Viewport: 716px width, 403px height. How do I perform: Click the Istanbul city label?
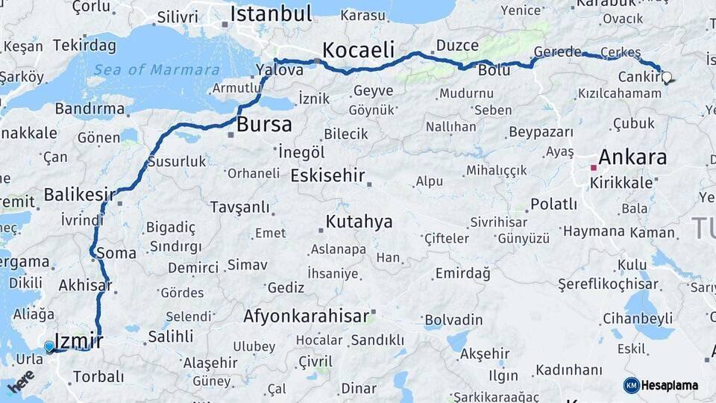click(x=271, y=13)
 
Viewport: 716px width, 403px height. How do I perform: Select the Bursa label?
click(x=264, y=124)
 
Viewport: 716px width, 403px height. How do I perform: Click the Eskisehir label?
click(x=327, y=176)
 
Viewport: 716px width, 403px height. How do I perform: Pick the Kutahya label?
click(x=359, y=222)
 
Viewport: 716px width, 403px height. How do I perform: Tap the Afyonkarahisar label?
click(x=306, y=316)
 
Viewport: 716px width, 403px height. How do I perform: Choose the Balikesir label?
click(x=79, y=195)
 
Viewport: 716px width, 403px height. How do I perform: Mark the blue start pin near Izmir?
click(x=49, y=346)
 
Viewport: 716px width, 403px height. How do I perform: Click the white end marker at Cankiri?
click(x=666, y=77)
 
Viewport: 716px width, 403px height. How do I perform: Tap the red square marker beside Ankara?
click(x=594, y=167)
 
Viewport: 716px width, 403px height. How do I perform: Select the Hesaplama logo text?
click(x=669, y=386)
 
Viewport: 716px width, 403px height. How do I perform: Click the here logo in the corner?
click(x=21, y=381)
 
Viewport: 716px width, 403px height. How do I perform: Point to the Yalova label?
click(x=280, y=70)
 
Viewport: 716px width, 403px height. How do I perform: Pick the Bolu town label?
click(x=494, y=70)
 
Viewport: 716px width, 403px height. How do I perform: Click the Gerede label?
click(x=558, y=51)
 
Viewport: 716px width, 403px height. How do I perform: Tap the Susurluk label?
click(x=177, y=161)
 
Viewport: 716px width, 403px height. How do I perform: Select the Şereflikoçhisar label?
click(x=609, y=284)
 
